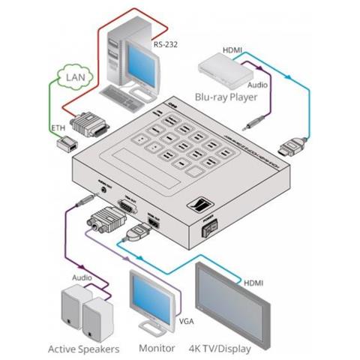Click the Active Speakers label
click(81, 348)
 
